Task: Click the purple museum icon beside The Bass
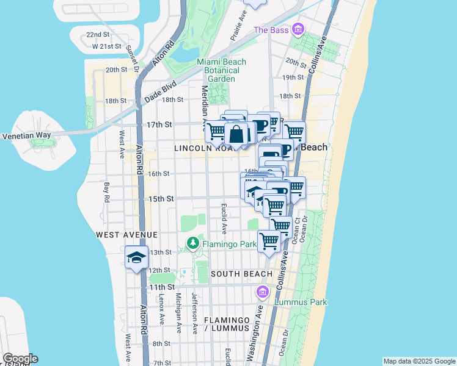pyautogui.click(x=298, y=29)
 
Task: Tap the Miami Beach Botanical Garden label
pyautogui.click(x=221, y=70)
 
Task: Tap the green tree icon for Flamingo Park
pyautogui.click(x=193, y=244)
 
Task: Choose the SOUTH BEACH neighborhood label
pyautogui.click(x=241, y=274)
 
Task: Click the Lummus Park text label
pyautogui.click(x=300, y=302)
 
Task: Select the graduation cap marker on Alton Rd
pyautogui.click(x=136, y=257)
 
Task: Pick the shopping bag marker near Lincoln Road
pyautogui.click(x=237, y=134)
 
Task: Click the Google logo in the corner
pyautogui.click(x=20, y=359)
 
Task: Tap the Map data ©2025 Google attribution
pyautogui.click(x=419, y=361)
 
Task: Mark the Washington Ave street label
pyautogui.click(x=258, y=326)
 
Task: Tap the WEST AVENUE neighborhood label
pyautogui.click(x=126, y=234)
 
